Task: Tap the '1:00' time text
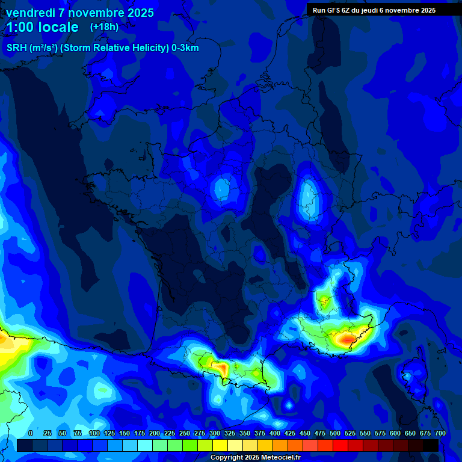coord(22,27)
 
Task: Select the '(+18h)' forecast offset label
coord(104,27)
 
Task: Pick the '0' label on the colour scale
coord(31,433)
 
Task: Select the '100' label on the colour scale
coord(94,433)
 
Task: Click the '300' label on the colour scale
coord(215,433)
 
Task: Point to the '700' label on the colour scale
coord(440,433)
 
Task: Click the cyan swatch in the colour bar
coord(145,446)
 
